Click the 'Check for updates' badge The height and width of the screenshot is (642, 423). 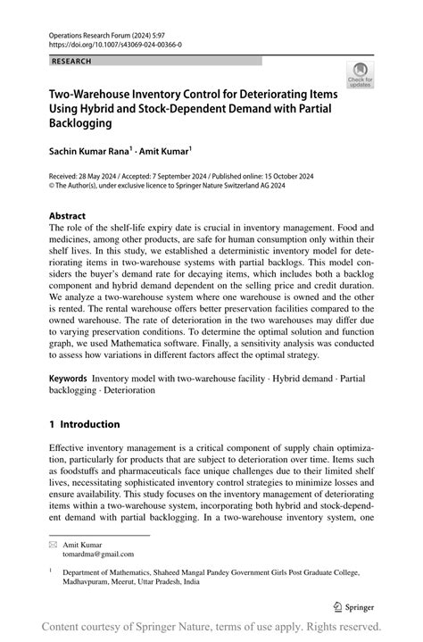(361, 75)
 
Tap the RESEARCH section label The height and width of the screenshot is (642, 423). (72, 61)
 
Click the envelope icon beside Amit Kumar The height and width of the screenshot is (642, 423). (53, 543)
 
